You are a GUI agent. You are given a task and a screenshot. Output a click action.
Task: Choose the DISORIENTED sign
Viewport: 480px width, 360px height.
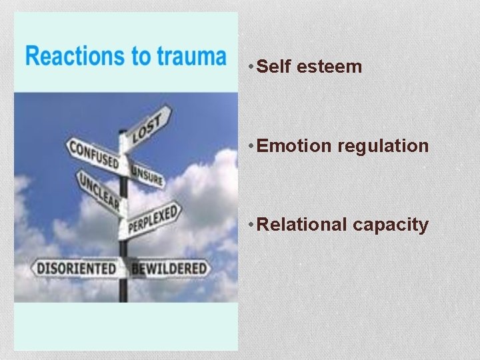[75, 269]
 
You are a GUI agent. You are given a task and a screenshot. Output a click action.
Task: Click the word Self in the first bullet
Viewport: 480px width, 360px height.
[271, 67]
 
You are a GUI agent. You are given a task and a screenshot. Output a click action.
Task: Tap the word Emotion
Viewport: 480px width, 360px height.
[294, 146]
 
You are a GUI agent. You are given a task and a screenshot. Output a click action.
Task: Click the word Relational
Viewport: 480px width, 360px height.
[302, 225]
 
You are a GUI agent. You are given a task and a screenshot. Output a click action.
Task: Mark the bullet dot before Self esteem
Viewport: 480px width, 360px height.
[249, 67]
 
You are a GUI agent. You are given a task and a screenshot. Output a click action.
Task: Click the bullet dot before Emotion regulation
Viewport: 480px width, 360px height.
[249, 146]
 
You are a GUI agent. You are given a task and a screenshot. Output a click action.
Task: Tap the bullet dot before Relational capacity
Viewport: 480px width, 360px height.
[249, 225]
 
